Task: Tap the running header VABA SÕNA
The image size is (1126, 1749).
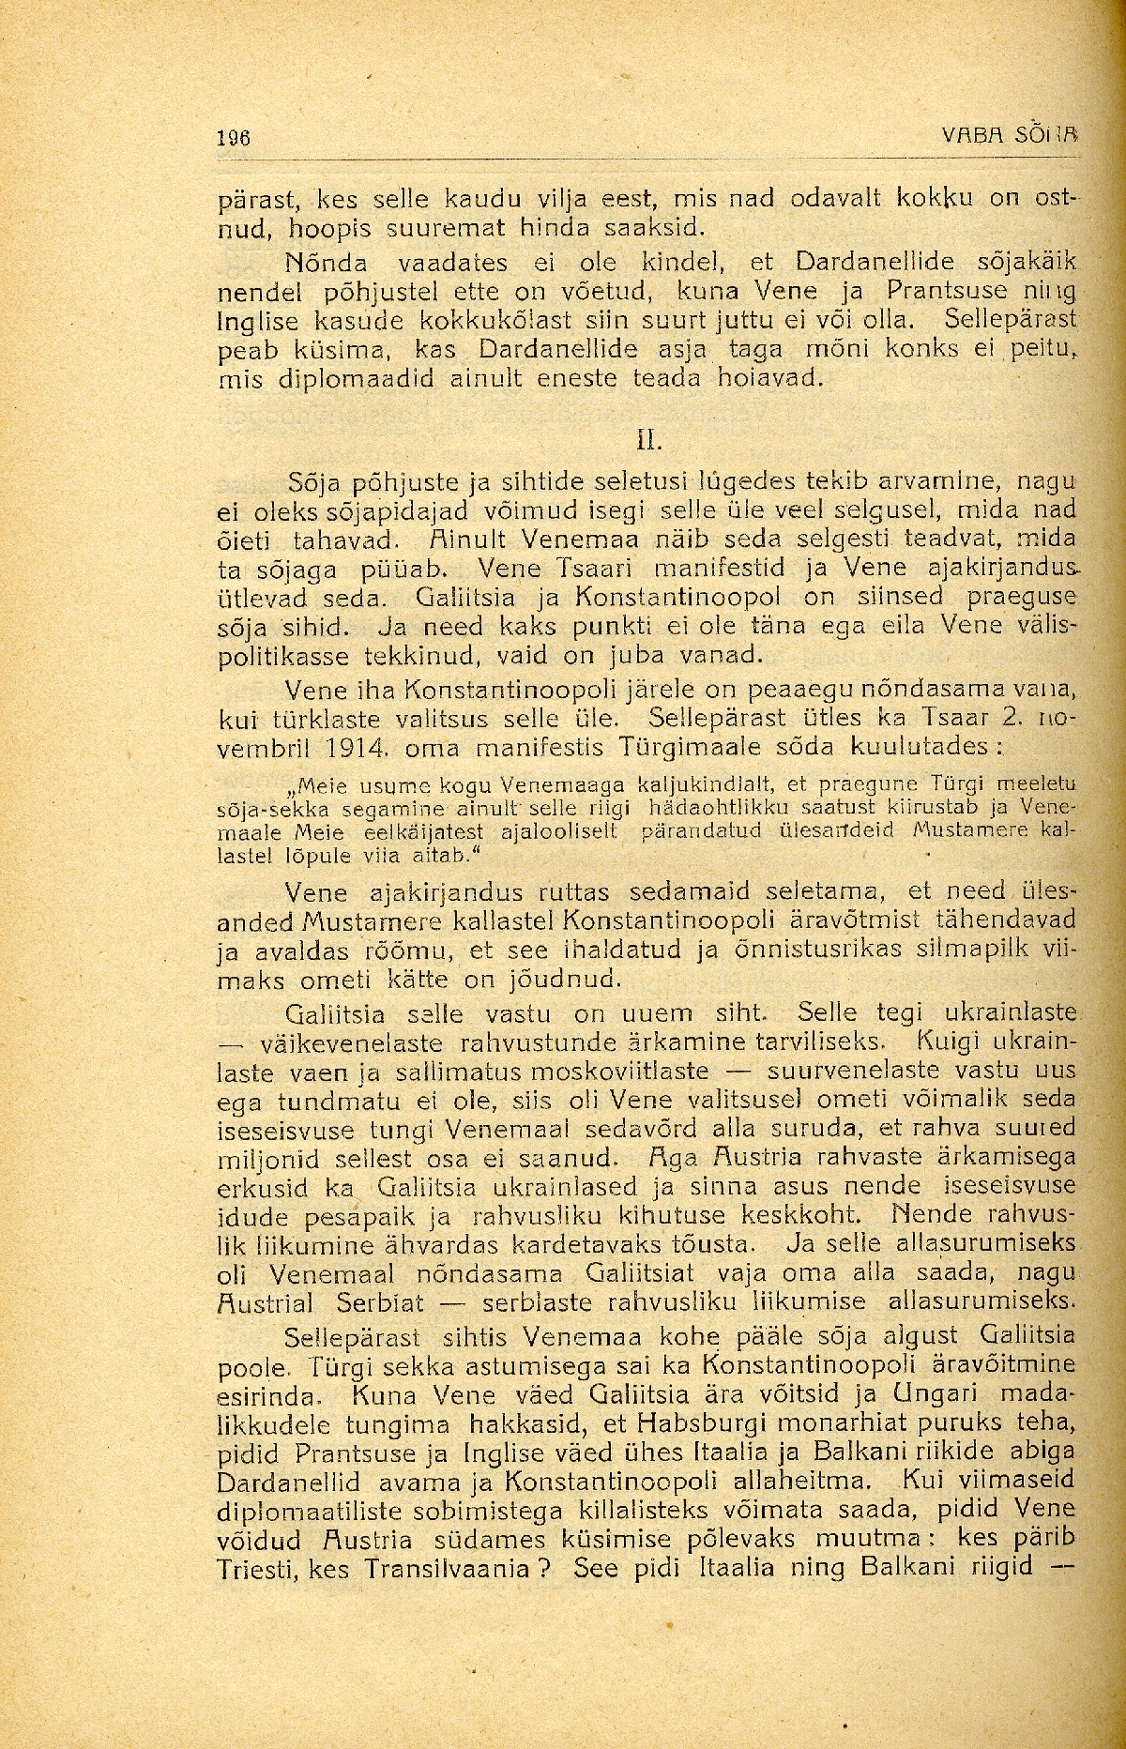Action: (1009, 135)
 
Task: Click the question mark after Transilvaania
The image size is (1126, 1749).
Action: (543, 1567)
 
